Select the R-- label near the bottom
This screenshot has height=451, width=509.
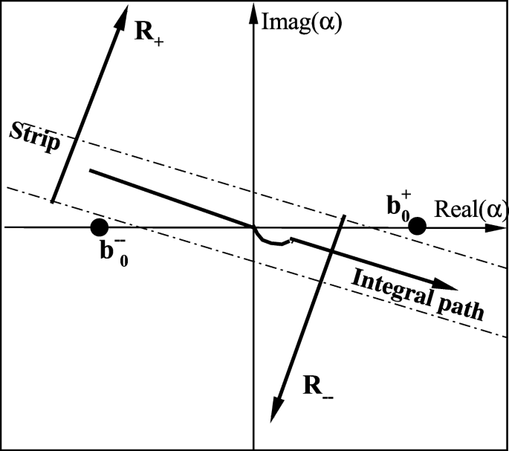click(x=318, y=387)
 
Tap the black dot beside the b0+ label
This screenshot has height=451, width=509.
click(x=418, y=226)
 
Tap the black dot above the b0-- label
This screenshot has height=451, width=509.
click(x=98, y=226)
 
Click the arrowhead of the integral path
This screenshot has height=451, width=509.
click(x=444, y=286)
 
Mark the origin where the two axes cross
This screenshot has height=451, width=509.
click(x=254, y=227)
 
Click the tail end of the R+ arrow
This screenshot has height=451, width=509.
click(x=54, y=201)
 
